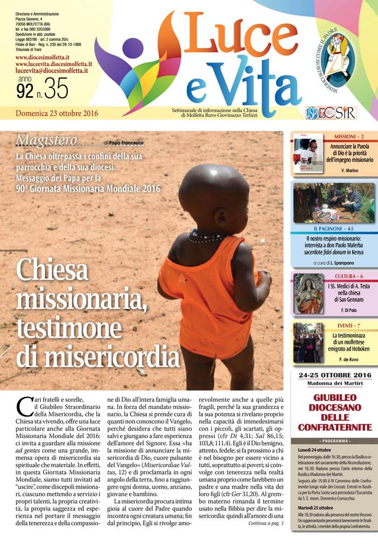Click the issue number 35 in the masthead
(x=57, y=89)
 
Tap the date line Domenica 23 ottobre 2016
(x=53, y=113)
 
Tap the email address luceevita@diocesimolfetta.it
(x=52, y=70)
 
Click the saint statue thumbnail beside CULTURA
(x=309, y=294)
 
